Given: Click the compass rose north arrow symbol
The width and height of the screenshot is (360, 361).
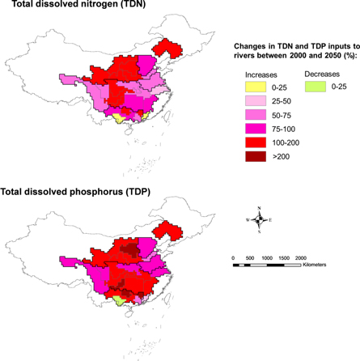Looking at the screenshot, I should click(x=260, y=219).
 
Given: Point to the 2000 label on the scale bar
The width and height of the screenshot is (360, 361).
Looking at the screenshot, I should click(x=300, y=257).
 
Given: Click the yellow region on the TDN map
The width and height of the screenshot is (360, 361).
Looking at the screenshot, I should click(x=120, y=118).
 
